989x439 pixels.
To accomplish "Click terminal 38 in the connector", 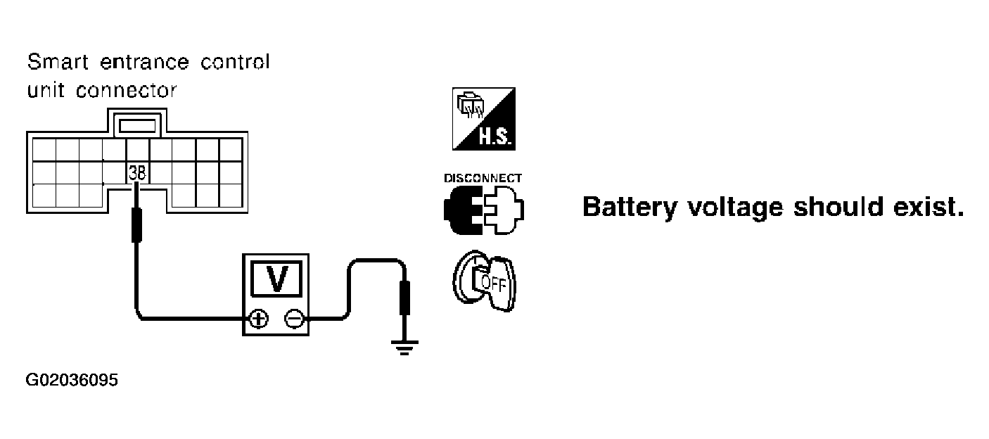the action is point(137,172).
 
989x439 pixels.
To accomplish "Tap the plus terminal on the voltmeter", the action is point(259,319).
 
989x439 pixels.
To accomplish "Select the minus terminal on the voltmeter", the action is point(295,319).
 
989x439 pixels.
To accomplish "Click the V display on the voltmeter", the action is point(276,279).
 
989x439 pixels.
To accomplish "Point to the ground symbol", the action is point(404,347).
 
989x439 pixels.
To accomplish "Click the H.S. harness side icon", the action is point(484,119).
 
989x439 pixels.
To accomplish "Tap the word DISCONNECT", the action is point(483,178).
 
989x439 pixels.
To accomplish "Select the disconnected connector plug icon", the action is point(484,210).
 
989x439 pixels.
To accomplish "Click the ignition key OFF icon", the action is point(485,281).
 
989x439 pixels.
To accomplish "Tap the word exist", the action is point(929,207).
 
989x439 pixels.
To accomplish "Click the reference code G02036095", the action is point(72,381).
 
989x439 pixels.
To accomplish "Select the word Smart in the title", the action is point(58,62).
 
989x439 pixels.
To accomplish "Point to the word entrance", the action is point(145,63).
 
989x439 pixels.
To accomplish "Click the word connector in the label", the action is point(127,91).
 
